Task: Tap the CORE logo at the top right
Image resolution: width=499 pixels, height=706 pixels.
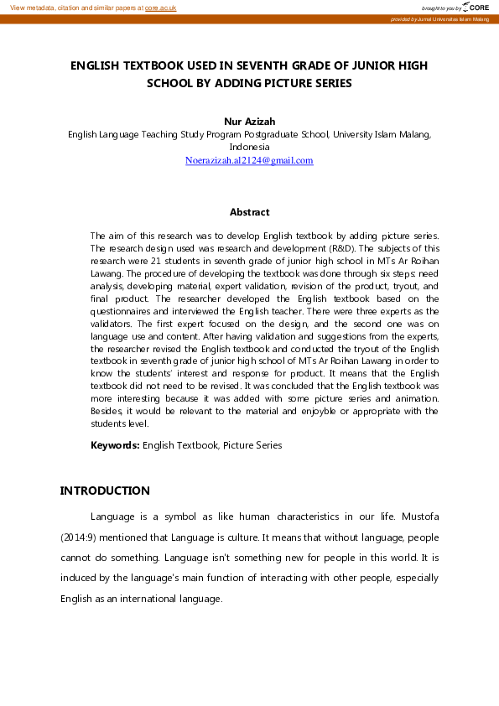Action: (476, 7)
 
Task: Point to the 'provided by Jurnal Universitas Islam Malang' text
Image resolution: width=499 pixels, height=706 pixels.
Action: (439, 18)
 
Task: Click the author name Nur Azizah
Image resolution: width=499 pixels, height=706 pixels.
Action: (249, 122)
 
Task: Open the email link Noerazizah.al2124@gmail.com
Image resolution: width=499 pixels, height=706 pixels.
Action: (249, 160)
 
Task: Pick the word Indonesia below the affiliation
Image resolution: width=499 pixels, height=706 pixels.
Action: (249, 146)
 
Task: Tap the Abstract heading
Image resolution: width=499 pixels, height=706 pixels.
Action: (249, 212)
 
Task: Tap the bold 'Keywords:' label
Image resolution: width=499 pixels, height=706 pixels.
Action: (115, 445)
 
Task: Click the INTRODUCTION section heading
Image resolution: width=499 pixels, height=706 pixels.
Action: (105, 491)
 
